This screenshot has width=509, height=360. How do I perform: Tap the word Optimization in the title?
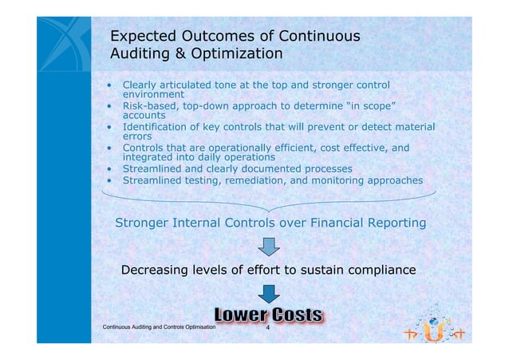coord(235,54)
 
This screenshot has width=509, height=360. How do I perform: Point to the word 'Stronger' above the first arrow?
coord(142,223)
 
